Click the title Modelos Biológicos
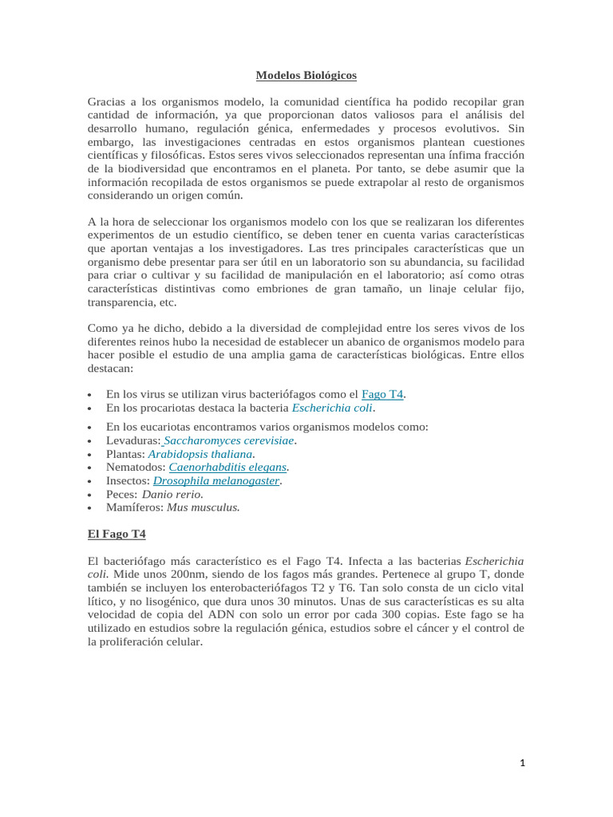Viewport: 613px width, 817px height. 306,76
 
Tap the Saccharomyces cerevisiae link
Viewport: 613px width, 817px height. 230,440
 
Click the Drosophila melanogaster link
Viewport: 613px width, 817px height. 216,480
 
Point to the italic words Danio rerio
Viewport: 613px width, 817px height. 167,494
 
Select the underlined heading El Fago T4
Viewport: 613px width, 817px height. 117,533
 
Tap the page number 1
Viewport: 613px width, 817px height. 522,764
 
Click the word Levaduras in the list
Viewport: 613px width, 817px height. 132,440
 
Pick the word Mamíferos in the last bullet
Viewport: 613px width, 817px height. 134,507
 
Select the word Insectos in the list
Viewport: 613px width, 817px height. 127,480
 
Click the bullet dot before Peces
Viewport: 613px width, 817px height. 93,495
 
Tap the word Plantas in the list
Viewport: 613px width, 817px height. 125,454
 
